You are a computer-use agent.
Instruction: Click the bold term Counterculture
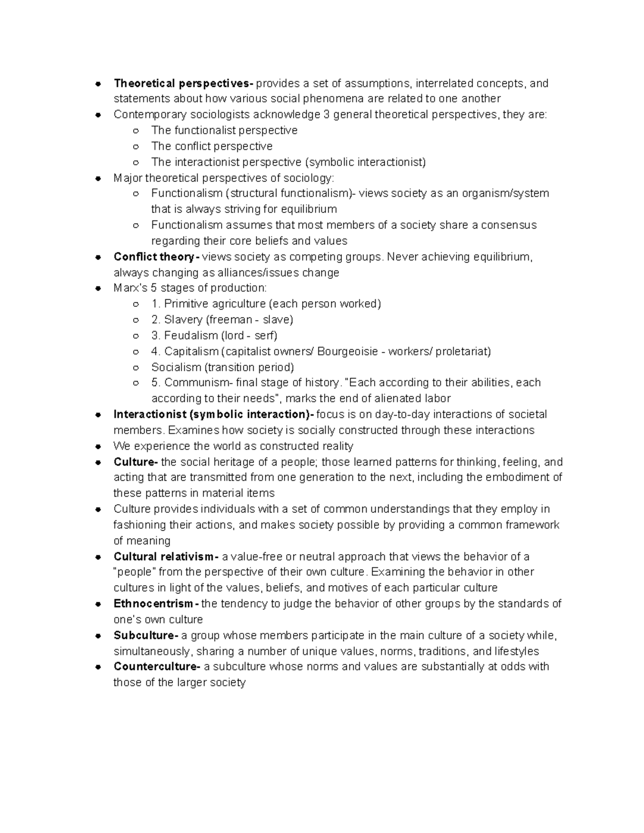(156, 667)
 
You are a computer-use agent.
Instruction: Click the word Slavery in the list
(183, 320)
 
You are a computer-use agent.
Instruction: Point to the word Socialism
(176, 367)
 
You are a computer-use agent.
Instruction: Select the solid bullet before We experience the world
(98, 446)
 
